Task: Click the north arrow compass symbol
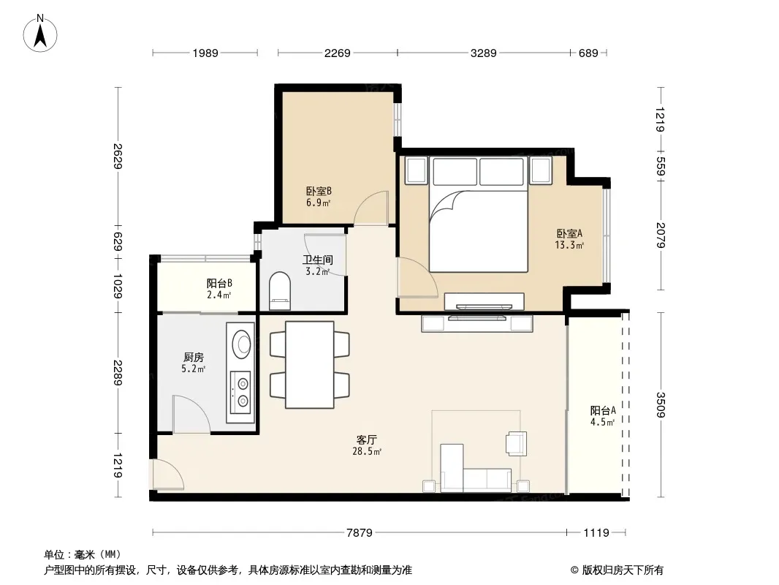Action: [x=40, y=34]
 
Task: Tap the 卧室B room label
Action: [x=319, y=191]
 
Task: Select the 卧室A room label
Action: [x=569, y=233]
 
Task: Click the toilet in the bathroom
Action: [x=280, y=291]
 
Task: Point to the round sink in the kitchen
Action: [x=243, y=342]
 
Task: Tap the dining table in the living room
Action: [x=310, y=365]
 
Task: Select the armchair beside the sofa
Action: [x=517, y=443]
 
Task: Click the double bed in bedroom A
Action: [x=478, y=215]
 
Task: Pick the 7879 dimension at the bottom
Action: [x=360, y=533]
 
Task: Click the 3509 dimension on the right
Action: [x=661, y=404]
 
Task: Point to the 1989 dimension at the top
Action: [x=205, y=53]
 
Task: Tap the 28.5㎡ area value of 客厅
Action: [x=367, y=451]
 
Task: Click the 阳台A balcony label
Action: [x=603, y=410]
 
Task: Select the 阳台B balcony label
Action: [x=219, y=283]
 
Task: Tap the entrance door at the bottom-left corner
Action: [x=167, y=475]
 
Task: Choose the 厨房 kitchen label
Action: [x=193, y=357]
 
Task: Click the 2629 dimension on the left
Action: [x=118, y=156]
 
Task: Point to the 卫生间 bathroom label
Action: [x=318, y=260]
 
